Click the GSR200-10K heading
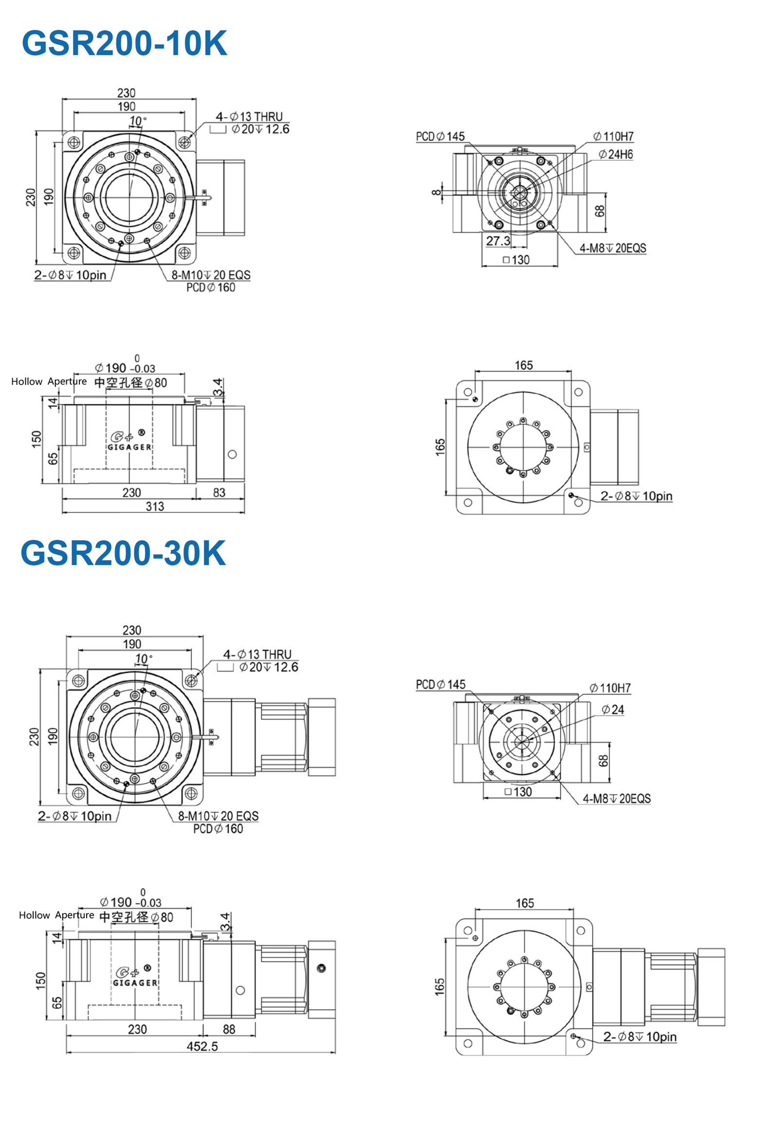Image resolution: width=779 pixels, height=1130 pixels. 125,43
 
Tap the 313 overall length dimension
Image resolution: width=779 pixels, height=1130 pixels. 155,507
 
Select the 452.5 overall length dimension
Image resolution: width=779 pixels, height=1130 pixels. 202,1046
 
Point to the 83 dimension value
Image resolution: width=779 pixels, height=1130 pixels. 219,493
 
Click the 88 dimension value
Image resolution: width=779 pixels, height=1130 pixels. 229,1029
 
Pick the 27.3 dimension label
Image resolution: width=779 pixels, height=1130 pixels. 498,241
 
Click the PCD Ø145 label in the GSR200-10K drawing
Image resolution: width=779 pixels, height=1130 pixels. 440,137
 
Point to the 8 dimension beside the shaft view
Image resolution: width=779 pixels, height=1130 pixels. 436,192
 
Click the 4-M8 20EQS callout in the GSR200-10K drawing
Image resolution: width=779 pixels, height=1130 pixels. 612,248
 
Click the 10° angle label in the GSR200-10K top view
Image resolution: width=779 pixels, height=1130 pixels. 137,121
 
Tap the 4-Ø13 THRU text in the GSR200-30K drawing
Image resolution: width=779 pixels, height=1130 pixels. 257,654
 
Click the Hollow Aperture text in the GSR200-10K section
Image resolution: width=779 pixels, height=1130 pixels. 49,382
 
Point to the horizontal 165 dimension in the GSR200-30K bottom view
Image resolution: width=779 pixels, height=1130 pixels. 525,903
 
